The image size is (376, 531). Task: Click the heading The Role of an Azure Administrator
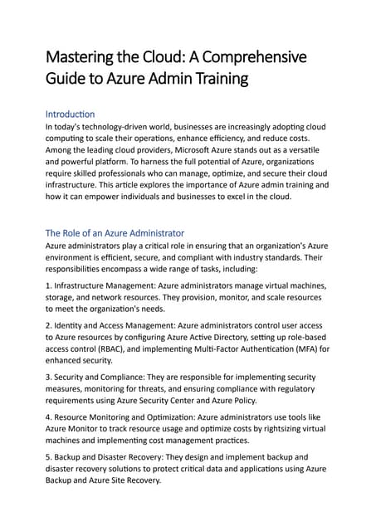[x=115, y=233]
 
